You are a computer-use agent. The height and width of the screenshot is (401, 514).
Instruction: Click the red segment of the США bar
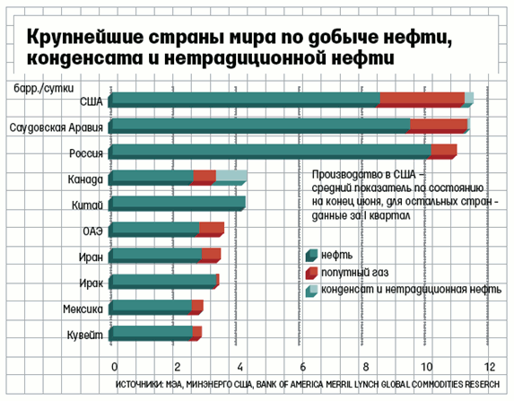pos(420,100)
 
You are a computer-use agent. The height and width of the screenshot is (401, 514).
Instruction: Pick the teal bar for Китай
pos(177,204)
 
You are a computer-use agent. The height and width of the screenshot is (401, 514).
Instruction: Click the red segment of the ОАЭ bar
pos(210,230)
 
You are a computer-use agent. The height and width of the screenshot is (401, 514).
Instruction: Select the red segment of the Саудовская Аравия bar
pos(437,126)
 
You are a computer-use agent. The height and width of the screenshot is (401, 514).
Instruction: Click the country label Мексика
pos(83,309)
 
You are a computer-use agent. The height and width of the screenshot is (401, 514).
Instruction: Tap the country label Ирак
pos(91,283)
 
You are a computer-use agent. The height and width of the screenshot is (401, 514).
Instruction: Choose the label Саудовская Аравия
pos(56,127)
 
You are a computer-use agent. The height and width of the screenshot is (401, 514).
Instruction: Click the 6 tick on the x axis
pos(303,366)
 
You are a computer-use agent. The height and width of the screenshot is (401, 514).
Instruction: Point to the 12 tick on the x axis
pos(490,366)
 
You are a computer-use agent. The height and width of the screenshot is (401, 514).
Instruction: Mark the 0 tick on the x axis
pos(114,366)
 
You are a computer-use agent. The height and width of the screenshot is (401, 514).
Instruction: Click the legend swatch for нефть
pos(311,255)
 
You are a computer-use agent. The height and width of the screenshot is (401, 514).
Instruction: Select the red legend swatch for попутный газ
pos(311,273)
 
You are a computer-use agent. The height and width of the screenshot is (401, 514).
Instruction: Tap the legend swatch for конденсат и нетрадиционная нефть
pos(311,291)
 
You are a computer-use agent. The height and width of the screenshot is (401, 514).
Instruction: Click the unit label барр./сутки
pos(44,88)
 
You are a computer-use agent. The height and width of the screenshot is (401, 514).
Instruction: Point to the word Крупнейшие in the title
pos(85,38)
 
